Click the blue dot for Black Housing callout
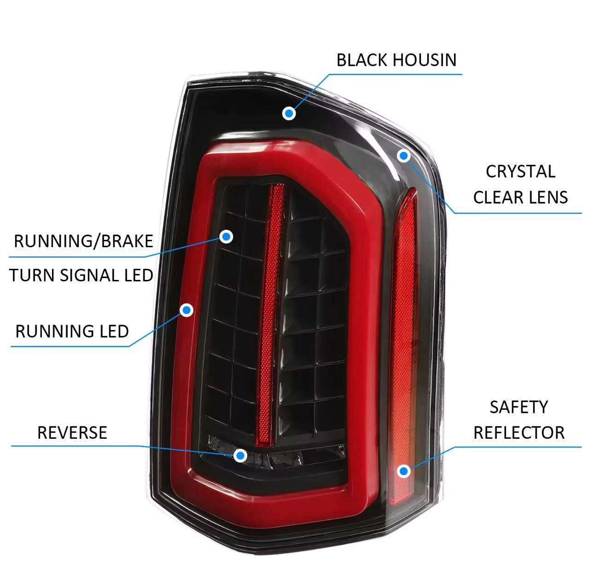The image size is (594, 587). coord(289,113)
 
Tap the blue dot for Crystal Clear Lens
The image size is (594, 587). coord(404,156)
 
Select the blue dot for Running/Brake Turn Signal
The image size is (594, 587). coord(226,237)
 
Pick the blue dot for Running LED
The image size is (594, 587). coord(186,310)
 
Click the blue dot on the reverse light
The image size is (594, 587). coord(240,455)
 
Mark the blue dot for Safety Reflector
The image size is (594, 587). coord(404,471)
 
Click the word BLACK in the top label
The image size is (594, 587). coord(360,60)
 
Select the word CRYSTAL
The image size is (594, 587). coord(520,172)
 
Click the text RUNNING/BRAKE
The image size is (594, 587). coord(83,241)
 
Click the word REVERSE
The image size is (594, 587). coord(72,433)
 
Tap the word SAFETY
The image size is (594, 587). coord(518,407)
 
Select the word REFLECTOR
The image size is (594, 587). coord(519,433)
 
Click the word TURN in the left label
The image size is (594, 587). coord(28,276)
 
